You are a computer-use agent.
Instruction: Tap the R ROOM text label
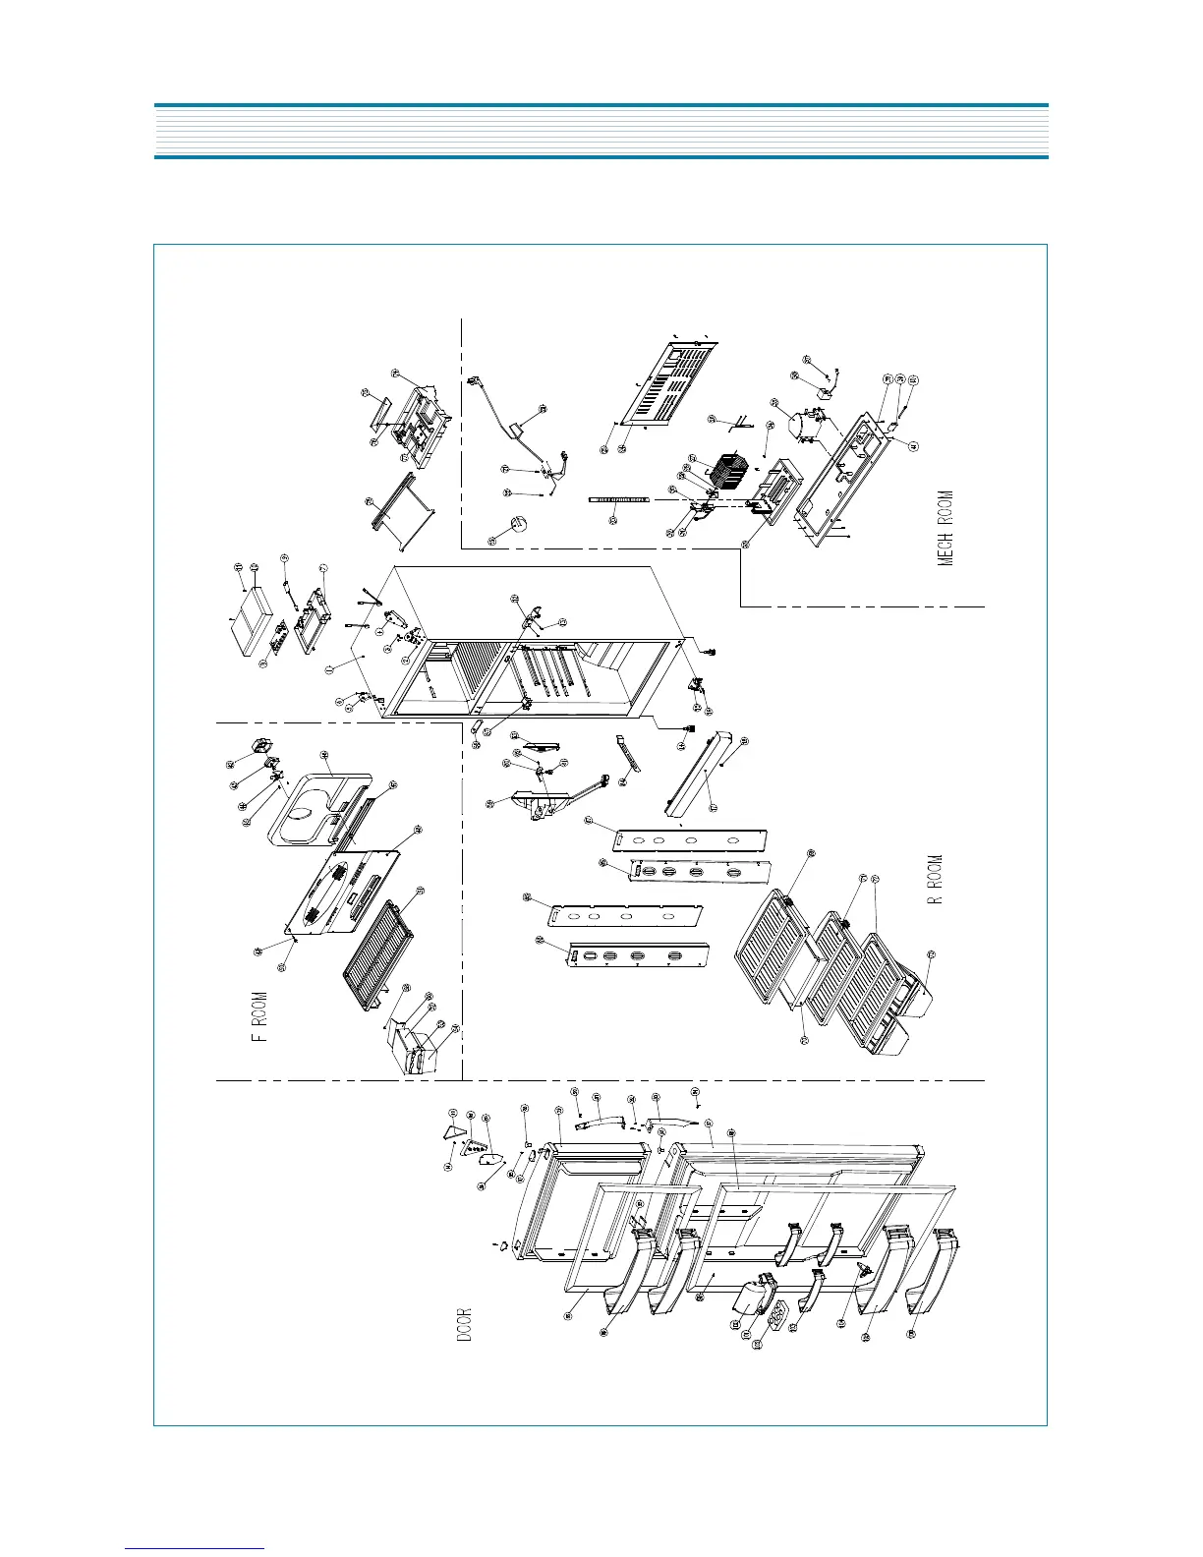click(x=938, y=878)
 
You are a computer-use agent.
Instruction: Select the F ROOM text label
click(x=260, y=1016)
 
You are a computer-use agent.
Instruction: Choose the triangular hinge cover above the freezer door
click(x=453, y=1131)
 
